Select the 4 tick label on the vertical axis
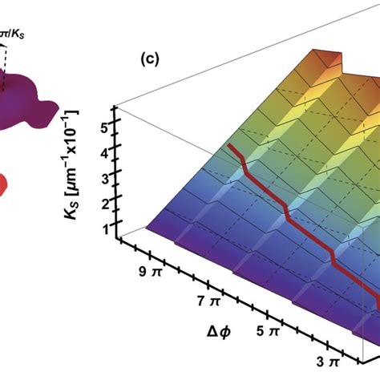[x=104, y=150]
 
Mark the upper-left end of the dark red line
[x=230, y=146]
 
